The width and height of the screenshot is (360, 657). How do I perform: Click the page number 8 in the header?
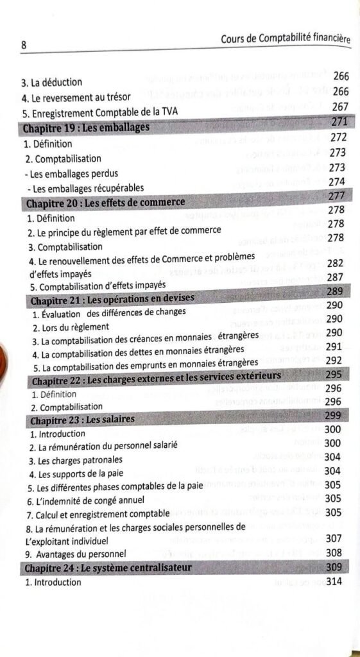tap(23, 46)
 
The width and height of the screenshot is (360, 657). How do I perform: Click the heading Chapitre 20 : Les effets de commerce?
tap(105, 203)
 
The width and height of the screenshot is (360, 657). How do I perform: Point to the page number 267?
tap(340, 107)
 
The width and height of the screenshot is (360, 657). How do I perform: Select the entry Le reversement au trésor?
tap(76, 98)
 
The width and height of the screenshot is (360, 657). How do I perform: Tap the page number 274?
tap(338, 182)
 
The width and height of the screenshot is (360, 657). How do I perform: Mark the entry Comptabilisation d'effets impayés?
tap(98, 286)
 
